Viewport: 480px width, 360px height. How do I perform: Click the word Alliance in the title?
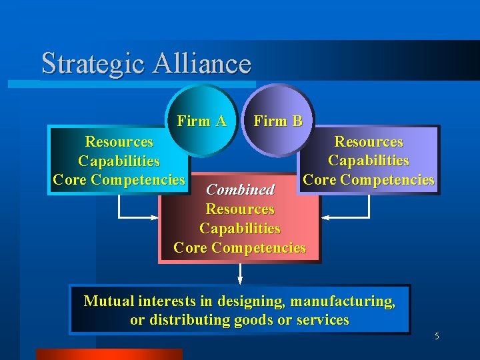click(202, 64)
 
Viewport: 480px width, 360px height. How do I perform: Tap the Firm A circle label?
click(201, 121)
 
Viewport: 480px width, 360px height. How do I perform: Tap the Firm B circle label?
click(278, 121)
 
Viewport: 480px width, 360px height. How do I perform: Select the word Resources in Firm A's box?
click(119, 142)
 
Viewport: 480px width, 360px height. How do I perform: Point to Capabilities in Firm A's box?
click(119, 161)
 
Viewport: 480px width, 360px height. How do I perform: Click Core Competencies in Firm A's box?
click(119, 180)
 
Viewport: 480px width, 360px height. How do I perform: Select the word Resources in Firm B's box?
click(368, 142)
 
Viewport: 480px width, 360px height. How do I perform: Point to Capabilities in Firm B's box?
click(368, 161)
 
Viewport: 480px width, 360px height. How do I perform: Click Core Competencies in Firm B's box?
click(368, 180)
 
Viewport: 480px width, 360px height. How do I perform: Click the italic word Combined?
click(240, 190)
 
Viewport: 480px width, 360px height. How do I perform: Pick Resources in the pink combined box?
click(240, 209)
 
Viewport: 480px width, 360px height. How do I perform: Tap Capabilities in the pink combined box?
click(240, 229)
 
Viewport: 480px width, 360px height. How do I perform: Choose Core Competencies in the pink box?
click(240, 248)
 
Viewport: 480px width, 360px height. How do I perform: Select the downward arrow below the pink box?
click(240, 273)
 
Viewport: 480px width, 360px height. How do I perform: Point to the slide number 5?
click(437, 337)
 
